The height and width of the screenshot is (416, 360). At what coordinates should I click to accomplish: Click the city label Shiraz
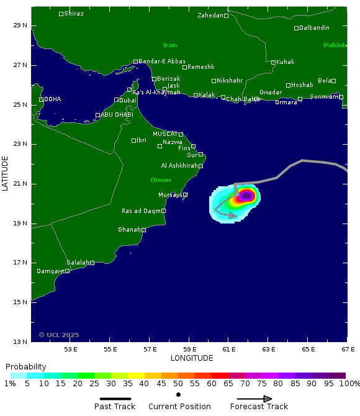tap(74, 14)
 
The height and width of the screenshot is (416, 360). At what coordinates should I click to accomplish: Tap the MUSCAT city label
tap(165, 133)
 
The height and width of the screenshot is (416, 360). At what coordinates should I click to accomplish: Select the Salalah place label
tap(78, 263)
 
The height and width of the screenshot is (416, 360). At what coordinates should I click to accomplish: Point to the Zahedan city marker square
tap(227, 16)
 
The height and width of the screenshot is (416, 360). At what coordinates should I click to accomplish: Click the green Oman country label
tap(160, 180)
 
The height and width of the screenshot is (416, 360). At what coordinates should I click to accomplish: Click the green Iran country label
tap(170, 45)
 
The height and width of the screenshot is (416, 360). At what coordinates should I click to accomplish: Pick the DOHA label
tap(53, 99)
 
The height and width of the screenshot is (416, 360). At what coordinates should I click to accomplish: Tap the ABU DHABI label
tap(117, 115)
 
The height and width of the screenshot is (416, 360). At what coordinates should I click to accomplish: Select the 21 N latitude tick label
tap(22, 184)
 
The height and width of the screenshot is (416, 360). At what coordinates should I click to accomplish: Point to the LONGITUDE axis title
tap(192, 358)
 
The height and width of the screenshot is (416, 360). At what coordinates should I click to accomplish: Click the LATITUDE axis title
tap(6, 173)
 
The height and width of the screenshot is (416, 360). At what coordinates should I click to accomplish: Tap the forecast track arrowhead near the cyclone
tap(233, 215)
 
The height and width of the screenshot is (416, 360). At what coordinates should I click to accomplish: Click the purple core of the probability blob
tap(246, 196)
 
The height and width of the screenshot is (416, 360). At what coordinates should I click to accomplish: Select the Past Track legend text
tap(115, 407)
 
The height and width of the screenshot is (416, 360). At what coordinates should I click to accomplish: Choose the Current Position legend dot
tap(179, 394)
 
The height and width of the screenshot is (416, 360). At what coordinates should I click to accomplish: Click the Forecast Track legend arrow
tap(259, 399)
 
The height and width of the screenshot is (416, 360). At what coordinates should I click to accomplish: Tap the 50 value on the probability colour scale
tap(178, 384)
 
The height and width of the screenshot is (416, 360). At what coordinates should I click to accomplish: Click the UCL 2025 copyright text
tap(59, 335)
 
